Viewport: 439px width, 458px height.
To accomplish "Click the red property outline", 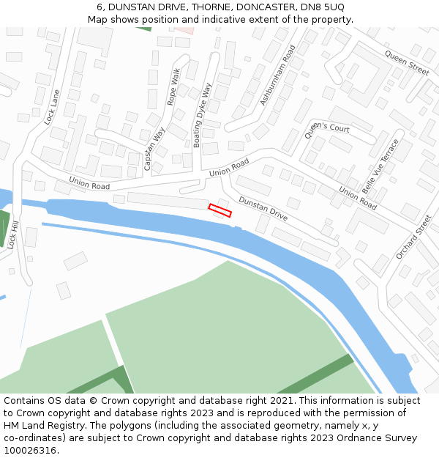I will coord(219,210).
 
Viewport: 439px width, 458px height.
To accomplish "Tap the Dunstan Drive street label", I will coord(263,209).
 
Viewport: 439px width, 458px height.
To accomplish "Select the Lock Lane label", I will coord(52,107).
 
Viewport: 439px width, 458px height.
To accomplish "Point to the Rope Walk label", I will coord(173,86).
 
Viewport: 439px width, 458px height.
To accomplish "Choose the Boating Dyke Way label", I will coord(202,115).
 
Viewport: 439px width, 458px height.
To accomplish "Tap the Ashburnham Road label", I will coord(278,74).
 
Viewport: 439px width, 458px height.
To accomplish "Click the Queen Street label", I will coord(407,64).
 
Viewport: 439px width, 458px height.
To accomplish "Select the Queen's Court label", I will coord(327,128).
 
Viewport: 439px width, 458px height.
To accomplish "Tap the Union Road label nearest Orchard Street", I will coord(358,198).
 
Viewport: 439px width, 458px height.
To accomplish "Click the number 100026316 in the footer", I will coord(29,451).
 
